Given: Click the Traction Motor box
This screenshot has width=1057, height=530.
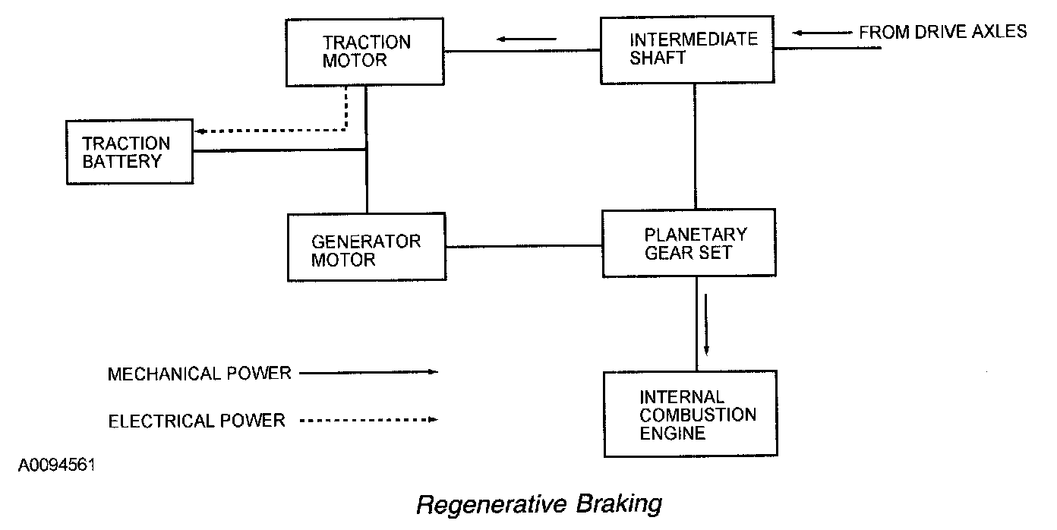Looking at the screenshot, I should click(365, 51).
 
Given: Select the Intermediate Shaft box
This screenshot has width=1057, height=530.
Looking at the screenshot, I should click(687, 49).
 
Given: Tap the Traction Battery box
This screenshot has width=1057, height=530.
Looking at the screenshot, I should click(129, 152).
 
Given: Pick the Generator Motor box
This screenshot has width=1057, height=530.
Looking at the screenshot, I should click(367, 247).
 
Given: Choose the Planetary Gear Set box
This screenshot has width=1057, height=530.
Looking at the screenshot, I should click(688, 243).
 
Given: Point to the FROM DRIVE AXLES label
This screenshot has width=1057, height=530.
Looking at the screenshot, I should click(942, 32).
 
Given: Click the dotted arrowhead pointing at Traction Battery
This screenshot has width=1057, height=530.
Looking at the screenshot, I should click(200, 131).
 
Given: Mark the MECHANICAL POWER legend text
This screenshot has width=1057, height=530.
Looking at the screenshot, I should click(200, 374).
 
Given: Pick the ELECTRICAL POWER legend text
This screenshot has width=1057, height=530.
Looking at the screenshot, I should click(197, 420).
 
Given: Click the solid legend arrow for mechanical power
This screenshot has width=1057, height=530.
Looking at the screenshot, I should click(369, 372).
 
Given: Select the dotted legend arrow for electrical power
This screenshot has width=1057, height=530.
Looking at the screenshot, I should click(369, 419).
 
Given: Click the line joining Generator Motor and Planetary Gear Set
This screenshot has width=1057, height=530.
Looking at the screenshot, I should click(524, 245).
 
